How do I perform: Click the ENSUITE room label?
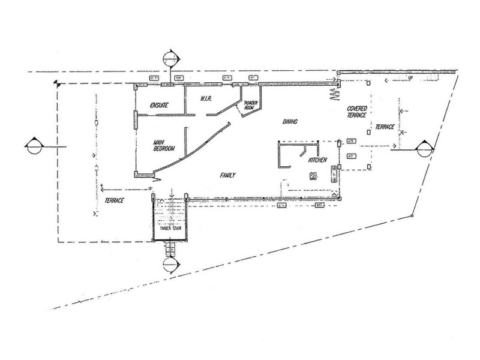pos(155,106)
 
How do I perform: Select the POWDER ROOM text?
pos(248,105)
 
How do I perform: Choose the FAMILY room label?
pos(226,175)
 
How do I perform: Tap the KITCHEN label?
pos(317,161)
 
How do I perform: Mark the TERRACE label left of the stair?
pos(113,200)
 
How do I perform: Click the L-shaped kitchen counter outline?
pos(281,154)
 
